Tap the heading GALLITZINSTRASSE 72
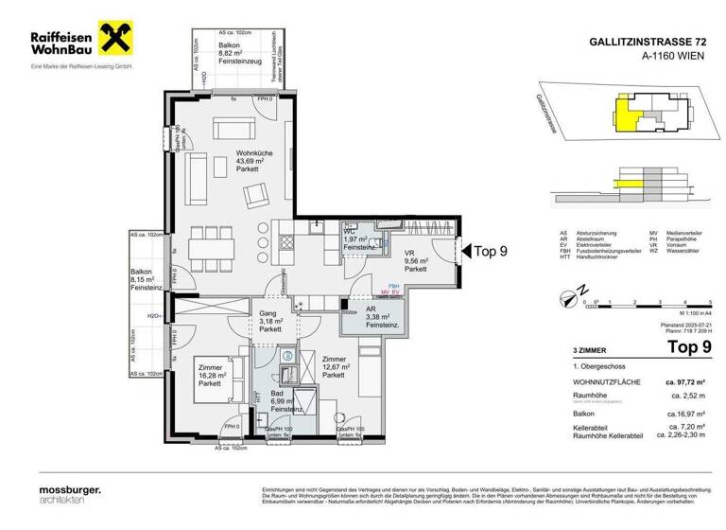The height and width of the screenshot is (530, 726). pos(647,41)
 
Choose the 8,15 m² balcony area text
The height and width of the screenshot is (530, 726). pos(144,281)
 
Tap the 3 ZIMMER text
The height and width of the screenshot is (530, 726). pos(577,349)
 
